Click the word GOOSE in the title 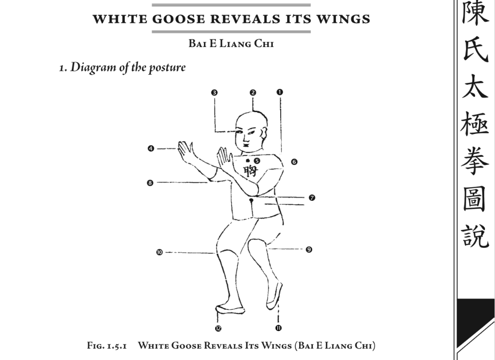point(179,19)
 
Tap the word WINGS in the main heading point(343,19)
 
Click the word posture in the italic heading point(167,67)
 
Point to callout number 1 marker point(280,92)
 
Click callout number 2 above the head point(253,93)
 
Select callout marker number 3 point(214,93)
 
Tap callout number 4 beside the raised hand point(151,148)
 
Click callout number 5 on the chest point(257,161)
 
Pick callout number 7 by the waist point(312,197)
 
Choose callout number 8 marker point(150,183)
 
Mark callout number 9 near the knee point(309,249)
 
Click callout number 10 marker point(160,252)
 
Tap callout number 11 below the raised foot point(278,328)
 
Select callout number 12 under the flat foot point(218,328)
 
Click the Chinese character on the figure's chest point(251,171)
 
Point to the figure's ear point(264,134)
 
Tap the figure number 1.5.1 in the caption point(117,346)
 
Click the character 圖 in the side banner point(474,198)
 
